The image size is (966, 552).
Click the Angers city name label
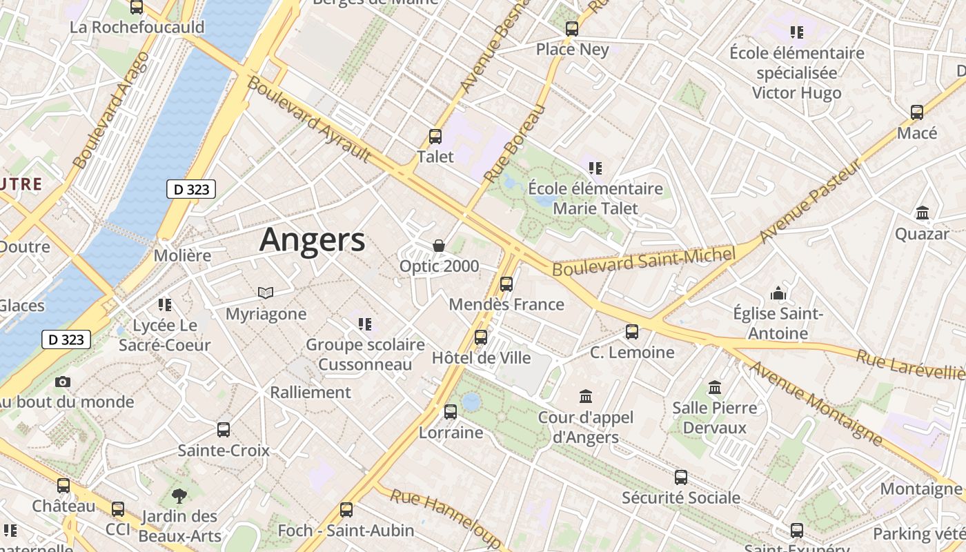click(x=312, y=239)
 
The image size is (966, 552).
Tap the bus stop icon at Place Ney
click(x=572, y=29)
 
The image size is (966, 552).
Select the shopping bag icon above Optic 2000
click(x=438, y=246)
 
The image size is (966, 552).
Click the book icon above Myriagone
click(x=266, y=293)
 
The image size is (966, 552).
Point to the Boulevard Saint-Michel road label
click(x=644, y=260)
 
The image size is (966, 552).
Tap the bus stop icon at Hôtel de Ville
click(x=481, y=337)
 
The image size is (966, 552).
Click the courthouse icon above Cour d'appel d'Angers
click(x=586, y=397)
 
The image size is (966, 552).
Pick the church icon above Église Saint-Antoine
click(x=778, y=293)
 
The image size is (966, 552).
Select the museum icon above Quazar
click(x=923, y=213)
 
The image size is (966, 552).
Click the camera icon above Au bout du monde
click(x=63, y=382)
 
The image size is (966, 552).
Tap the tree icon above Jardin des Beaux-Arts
click(x=179, y=495)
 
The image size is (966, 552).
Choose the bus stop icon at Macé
click(x=917, y=112)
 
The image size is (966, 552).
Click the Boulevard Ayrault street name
click(x=308, y=119)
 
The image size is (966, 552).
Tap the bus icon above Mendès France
click(x=506, y=284)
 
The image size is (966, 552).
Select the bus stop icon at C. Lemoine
click(x=632, y=332)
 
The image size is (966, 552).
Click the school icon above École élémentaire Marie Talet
click(x=595, y=168)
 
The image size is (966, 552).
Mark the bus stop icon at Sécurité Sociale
click(x=681, y=477)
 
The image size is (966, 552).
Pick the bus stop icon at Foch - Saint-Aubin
click(x=346, y=510)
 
